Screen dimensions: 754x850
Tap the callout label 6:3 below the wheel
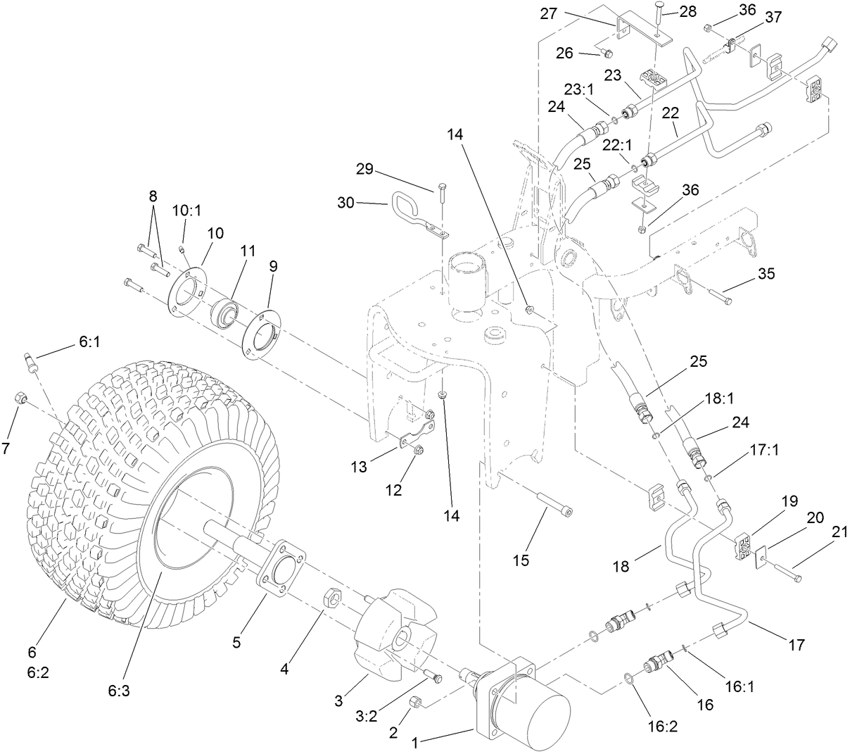coord(118,691)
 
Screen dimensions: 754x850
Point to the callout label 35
coord(767,273)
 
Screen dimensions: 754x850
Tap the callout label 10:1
coord(186,210)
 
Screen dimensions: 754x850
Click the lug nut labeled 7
coord(21,399)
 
